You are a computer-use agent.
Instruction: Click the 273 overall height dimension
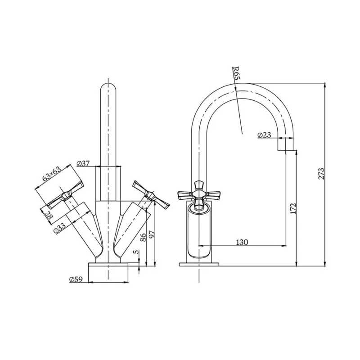(321, 174)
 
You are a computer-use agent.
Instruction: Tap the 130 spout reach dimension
(242, 242)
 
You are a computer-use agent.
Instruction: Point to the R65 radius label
(236, 72)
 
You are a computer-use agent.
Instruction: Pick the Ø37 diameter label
(84, 163)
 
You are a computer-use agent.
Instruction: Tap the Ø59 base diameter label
(76, 279)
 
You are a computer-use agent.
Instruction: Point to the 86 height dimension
(144, 238)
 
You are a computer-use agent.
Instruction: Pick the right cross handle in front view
(152, 194)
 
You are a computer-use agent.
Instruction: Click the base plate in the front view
(109, 265)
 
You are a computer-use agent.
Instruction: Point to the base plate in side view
(199, 264)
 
